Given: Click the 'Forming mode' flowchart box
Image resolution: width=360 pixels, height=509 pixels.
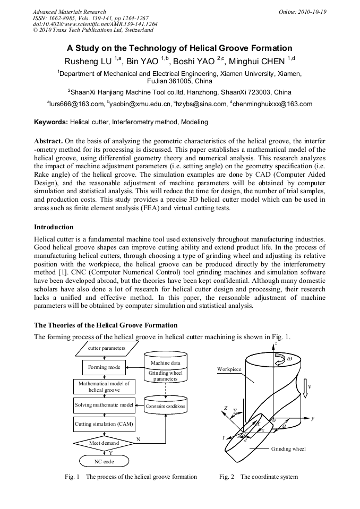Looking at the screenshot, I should pyautogui.click(x=104, y=367).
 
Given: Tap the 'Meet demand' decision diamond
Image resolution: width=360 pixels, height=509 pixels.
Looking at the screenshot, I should pyautogui.click(x=104, y=442).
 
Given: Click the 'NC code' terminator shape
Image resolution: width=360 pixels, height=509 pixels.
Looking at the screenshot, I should pyautogui.click(x=104, y=461).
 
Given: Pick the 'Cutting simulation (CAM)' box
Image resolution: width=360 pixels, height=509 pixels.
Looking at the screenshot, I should pyautogui.click(x=104, y=424).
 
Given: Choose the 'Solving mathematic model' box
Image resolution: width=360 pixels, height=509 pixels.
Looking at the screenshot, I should pyautogui.click(x=104, y=405).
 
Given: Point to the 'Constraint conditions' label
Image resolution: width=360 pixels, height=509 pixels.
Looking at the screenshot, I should pyautogui.click(x=166, y=407).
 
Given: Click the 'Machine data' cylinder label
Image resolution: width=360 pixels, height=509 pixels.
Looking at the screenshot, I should pyautogui.click(x=165, y=363).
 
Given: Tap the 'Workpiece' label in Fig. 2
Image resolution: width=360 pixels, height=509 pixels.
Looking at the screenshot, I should pyautogui.click(x=229, y=369).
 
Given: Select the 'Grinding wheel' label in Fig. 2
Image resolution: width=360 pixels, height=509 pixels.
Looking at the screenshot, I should pyautogui.click(x=288, y=449).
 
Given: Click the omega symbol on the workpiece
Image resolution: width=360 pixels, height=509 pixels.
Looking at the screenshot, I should pyautogui.click(x=289, y=359).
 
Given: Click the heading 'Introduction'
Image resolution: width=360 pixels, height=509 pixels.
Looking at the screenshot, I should pyautogui.click(x=54, y=227).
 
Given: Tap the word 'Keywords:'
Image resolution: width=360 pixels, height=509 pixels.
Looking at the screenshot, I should pyautogui.click(x=51, y=122).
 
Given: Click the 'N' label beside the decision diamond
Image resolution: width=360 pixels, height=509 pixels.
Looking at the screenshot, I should pyautogui.click(x=138, y=439).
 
